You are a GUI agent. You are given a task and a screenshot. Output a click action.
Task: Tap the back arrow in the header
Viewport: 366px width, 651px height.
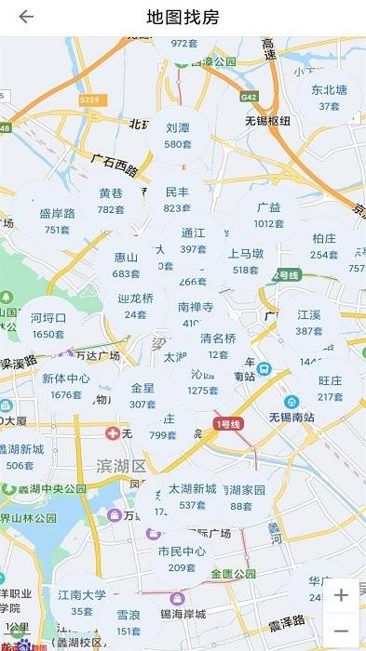pyautogui.click(x=26, y=17)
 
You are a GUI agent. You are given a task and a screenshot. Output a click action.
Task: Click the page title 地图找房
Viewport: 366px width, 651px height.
pyautogui.click(x=183, y=17)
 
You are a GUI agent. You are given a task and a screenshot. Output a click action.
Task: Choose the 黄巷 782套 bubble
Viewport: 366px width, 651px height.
pyautogui.click(x=111, y=201)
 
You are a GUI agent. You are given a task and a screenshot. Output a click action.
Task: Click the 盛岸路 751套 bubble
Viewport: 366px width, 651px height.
pyautogui.click(x=57, y=220)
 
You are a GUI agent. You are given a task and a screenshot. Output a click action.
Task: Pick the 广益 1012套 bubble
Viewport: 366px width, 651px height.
pyautogui.click(x=268, y=215)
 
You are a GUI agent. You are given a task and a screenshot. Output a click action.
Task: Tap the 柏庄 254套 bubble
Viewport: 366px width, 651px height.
pyautogui.click(x=324, y=246)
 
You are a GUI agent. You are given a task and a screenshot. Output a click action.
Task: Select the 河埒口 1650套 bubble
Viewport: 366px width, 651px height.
pyautogui.click(x=48, y=325)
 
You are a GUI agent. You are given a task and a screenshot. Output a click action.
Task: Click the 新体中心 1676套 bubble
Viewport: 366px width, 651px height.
pyautogui.click(x=67, y=386)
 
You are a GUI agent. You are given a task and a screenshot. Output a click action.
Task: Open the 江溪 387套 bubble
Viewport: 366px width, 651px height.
pyautogui.click(x=309, y=323)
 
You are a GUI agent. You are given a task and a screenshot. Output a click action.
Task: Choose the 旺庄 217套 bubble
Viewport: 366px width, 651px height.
pyautogui.click(x=331, y=388)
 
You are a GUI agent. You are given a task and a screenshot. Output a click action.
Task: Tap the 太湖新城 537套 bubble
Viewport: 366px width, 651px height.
pyautogui.click(x=192, y=496)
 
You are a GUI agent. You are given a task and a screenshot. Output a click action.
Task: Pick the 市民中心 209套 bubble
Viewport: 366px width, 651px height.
pyautogui.click(x=182, y=558)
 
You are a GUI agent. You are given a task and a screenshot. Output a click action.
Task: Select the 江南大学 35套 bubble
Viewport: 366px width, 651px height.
pyautogui.click(x=82, y=602)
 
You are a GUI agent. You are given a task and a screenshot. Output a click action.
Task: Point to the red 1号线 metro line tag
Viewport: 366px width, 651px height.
pyautogui.click(x=228, y=424)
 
